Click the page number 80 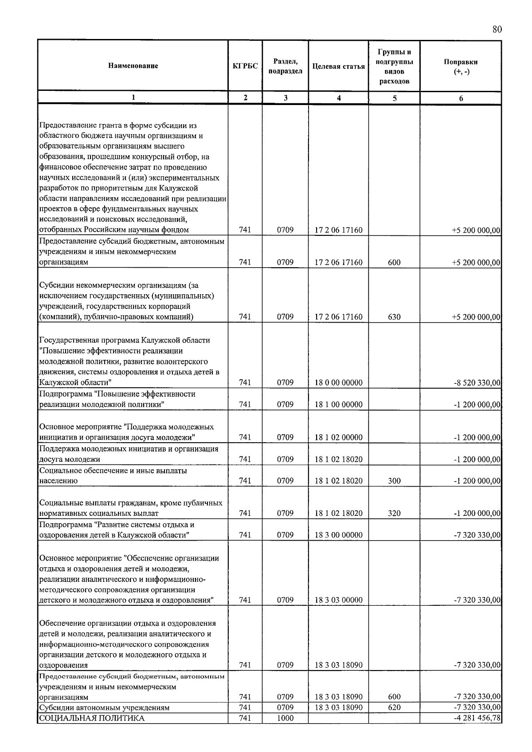497,30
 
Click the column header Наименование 133,66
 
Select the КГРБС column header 245,66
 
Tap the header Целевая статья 338,66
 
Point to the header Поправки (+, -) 461,66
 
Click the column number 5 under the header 394,98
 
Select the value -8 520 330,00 477,383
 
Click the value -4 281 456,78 477,718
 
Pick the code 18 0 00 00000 338,383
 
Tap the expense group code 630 394,317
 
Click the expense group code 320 394,514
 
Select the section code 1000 285,718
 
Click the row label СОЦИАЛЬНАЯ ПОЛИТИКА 92,718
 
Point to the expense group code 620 394,708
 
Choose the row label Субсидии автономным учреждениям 104,708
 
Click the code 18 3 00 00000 338,535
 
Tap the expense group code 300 394,481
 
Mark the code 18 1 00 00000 338,405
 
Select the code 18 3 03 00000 338,600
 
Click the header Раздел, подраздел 285,66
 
